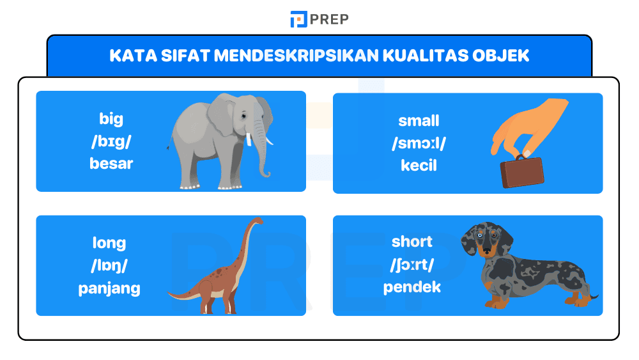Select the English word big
pyautogui.click(x=111, y=118)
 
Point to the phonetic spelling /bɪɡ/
pyautogui.click(x=111, y=141)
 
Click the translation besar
pyautogui.click(x=111, y=163)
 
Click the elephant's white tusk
pyautogui.click(x=268, y=139)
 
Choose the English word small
pyautogui.click(x=419, y=120)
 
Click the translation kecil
pyautogui.click(x=419, y=165)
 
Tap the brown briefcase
pyautogui.click(x=522, y=171)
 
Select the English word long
pyautogui.click(x=109, y=242)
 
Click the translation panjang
pyautogui.click(x=109, y=288)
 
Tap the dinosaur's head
pyautogui.click(x=257, y=221)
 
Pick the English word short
pyautogui.click(x=412, y=241)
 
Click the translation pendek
pyautogui.click(x=412, y=286)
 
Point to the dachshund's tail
pyautogui.click(x=591, y=295)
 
